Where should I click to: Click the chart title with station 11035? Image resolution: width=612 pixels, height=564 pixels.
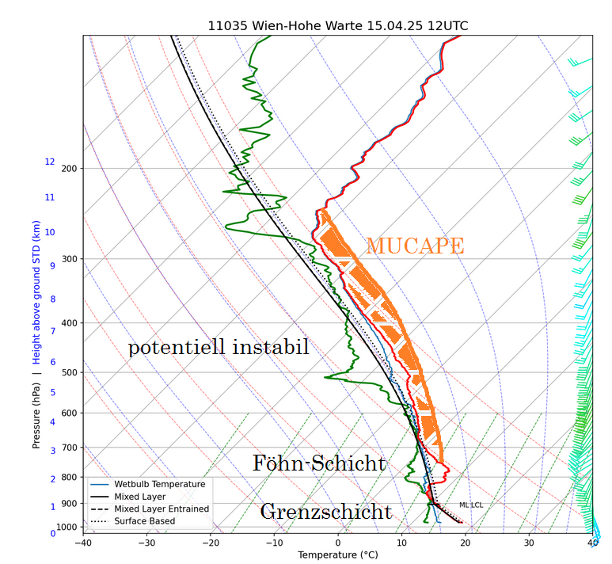coord(337,25)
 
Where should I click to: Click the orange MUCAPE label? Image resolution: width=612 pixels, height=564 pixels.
coord(414,246)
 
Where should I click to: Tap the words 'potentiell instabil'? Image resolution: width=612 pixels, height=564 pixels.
coord(219,347)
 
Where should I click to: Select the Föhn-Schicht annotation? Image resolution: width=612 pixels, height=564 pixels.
coord(318,463)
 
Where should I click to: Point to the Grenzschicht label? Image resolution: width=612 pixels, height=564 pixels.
coord(325,512)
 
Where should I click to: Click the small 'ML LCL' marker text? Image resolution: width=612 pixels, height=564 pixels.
coord(471,505)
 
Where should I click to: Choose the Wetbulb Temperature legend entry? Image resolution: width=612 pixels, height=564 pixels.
coord(159,484)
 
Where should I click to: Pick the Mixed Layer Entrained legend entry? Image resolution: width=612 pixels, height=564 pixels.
coord(162,509)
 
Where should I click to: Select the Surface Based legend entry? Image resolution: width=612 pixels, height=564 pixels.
coord(144,521)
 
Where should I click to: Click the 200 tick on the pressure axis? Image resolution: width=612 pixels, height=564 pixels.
coord(69,168)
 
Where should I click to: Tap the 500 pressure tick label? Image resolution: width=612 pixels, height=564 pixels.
coord(69,372)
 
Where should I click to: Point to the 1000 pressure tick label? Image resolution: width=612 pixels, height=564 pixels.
coord(67,527)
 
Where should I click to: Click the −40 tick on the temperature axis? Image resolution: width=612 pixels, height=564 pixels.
coord(82,542)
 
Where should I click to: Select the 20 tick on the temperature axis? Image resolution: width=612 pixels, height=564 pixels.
coord(466,542)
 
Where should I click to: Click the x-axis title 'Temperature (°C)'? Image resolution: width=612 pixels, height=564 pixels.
coord(338,555)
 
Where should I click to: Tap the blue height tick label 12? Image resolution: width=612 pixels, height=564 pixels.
coord(50,162)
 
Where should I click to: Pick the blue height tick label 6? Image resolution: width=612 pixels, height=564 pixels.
coord(52,362)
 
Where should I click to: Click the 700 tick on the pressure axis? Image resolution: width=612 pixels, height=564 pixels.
coord(69,448)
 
